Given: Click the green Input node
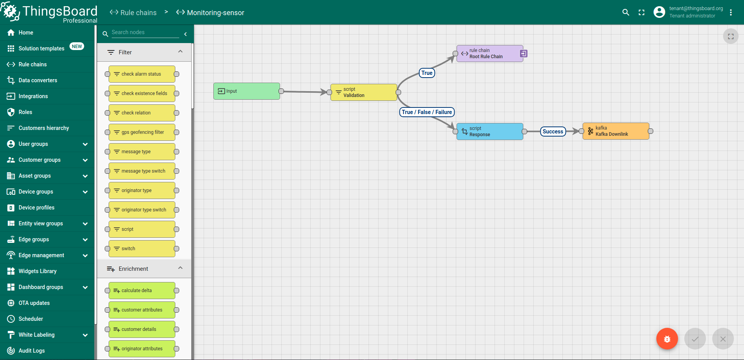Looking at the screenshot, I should click(x=246, y=91).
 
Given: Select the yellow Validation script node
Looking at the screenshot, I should click(x=363, y=92).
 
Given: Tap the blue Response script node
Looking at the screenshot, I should click(x=490, y=132).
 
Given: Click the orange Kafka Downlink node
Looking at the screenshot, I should click(x=616, y=131).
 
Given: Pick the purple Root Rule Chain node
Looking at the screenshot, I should click(x=490, y=54).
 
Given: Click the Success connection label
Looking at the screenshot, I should click(x=553, y=132).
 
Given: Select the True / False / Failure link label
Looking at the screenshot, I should click(x=427, y=112).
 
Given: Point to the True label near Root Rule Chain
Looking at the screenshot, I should click(x=427, y=73).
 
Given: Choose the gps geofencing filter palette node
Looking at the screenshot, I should click(x=142, y=132).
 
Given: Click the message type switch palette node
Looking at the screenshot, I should click(x=142, y=171).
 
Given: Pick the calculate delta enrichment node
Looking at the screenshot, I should click(x=142, y=291).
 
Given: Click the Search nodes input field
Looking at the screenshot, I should click(x=145, y=33).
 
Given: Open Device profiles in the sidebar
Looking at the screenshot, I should click(x=36, y=208).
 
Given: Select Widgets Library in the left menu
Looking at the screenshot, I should click(x=37, y=271).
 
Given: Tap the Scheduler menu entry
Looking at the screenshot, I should click(x=31, y=319).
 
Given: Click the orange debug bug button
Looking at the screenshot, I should click(x=667, y=339).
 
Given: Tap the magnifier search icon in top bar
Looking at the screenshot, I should click(x=625, y=12).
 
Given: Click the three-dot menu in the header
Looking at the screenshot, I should click(x=730, y=12).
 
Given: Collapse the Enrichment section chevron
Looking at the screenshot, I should click(x=180, y=268).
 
